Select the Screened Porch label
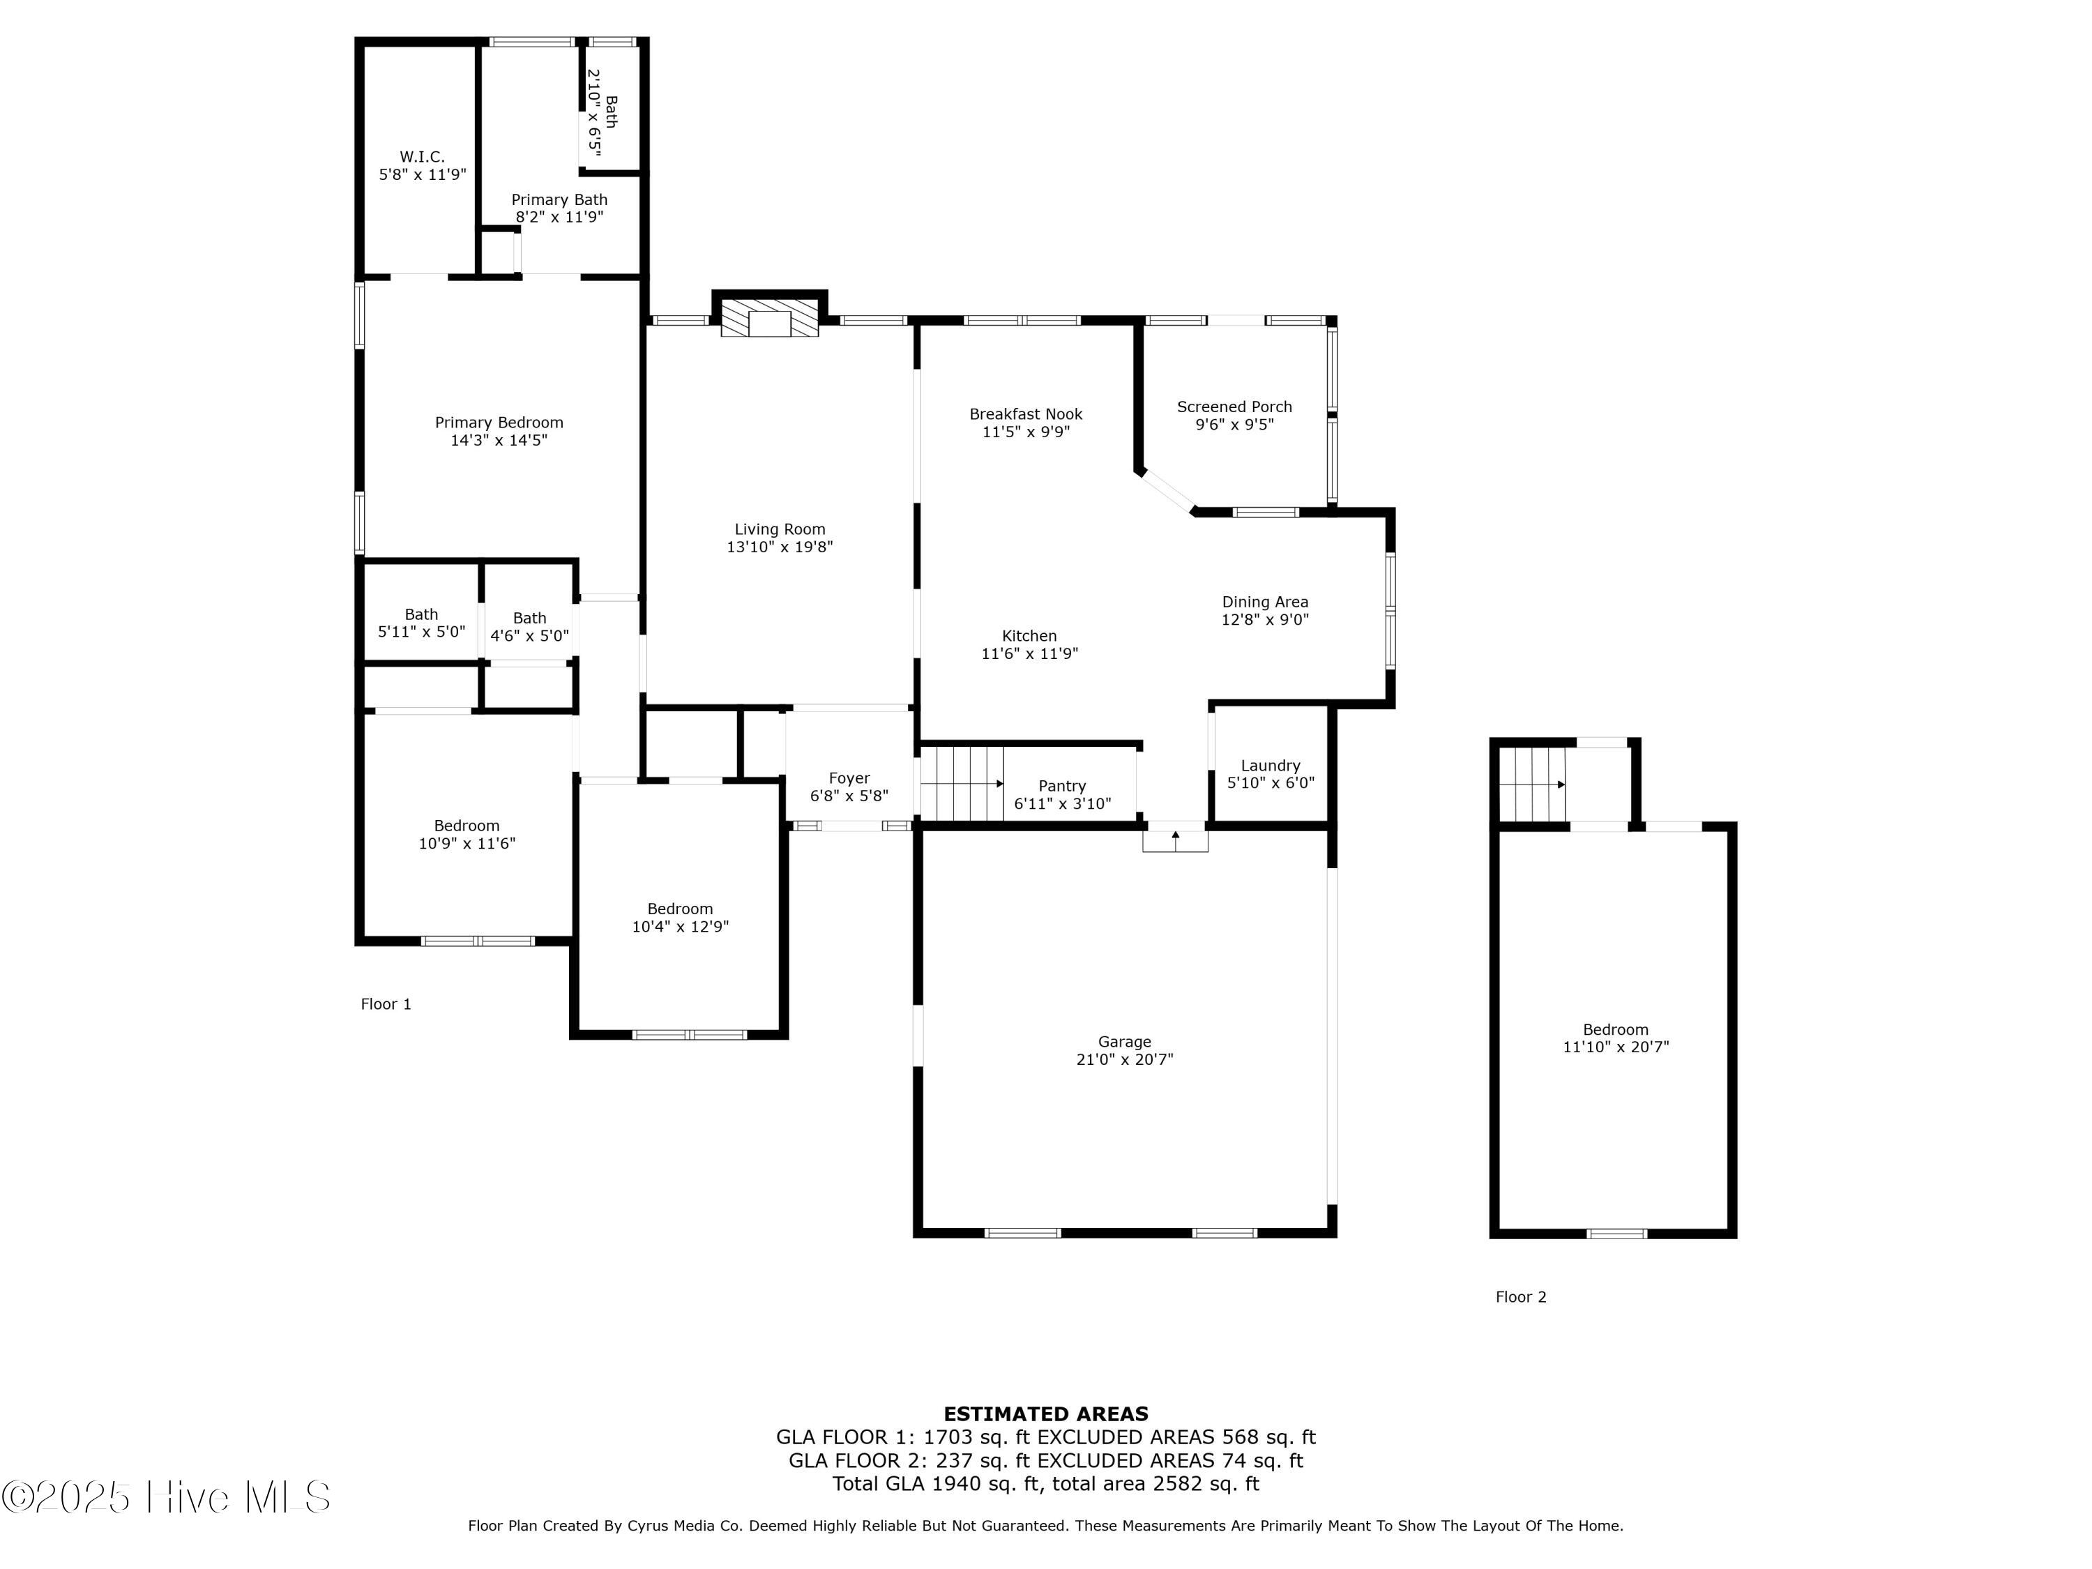[1234, 407]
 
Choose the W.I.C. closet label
[422, 157]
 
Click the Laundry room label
[1270, 765]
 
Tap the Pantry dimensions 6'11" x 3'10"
[1062, 804]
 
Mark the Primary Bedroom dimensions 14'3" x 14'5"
[499, 440]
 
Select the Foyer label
[849, 778]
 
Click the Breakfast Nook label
[1026, 414]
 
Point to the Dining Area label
[1266, 602]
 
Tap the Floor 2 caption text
[1521, 1296]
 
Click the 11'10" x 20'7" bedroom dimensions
[1616, 1047]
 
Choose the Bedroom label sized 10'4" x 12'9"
[680, 909]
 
